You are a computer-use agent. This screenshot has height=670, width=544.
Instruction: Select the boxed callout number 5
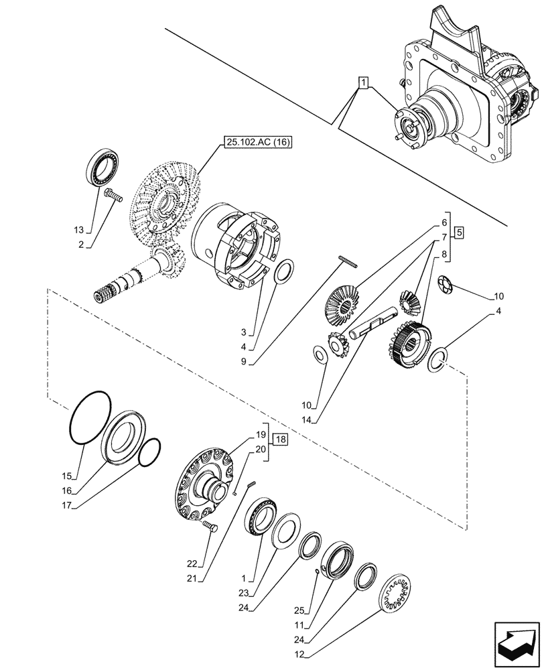tap(459, 233)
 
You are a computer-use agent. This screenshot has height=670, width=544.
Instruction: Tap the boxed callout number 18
tap(280, 440)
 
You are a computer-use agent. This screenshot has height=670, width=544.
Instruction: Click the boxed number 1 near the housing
tap(362, 84)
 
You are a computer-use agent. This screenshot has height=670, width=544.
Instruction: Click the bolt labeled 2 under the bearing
tap(112, 196)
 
